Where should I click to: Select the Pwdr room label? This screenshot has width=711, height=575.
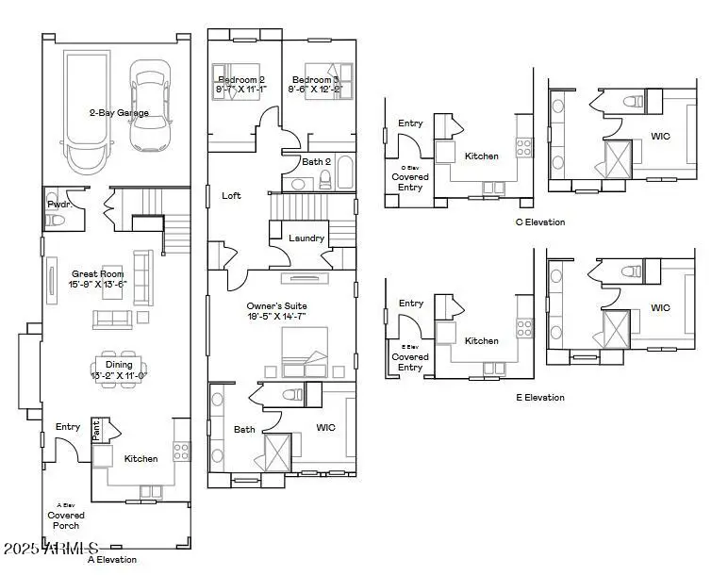click(58, 204)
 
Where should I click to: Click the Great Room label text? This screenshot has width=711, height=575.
click(98, 273)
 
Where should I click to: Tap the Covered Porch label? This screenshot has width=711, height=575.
click(66, 521)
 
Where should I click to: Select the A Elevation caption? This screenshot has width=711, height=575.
click(111, 560)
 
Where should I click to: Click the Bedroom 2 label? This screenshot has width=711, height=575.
click(242, 80)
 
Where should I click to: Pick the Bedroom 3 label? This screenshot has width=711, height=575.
click(315, 80)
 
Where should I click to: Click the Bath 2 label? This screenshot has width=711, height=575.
click(315, 162)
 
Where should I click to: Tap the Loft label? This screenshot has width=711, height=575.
click(231, 196)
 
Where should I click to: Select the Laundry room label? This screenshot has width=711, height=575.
click(306, 238)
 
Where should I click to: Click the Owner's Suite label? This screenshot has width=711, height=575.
click(277, 306)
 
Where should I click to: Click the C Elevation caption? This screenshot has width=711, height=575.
click(539, 222)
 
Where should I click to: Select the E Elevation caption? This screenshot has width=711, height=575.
click(539, 398)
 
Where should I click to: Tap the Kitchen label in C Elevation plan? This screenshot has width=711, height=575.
click(482, 156)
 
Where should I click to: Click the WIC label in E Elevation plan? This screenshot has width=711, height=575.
click(660, 308)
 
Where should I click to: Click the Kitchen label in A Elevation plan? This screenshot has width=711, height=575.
click(141, 459)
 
